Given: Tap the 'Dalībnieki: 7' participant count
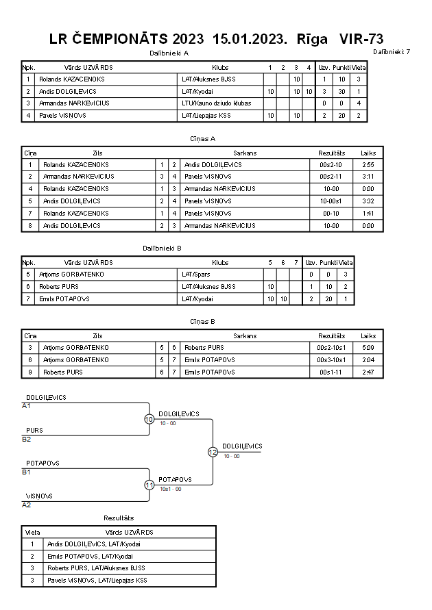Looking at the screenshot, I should pos(392,51).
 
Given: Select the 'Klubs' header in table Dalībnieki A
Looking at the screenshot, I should pos(220,68).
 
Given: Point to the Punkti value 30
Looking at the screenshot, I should pos(341,91).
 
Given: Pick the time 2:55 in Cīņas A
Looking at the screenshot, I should pos(368,165).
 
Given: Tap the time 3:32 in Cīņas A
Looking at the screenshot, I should pos(368,201).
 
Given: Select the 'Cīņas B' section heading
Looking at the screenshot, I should pos(203,321).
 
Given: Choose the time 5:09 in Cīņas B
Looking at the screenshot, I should pos(368,348).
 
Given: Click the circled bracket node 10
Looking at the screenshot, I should pos(149,419).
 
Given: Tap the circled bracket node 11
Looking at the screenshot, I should pos(149,485).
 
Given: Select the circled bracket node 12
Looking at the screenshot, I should pos(213,452).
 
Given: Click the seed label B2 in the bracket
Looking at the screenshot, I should pos(27,439).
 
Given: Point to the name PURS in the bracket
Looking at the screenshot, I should pos(34,431).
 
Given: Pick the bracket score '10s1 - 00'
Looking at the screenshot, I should pos(170,490).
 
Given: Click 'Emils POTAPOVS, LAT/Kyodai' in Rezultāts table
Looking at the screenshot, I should pos(90,557).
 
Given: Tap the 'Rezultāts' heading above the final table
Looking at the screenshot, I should pos(119,519).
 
